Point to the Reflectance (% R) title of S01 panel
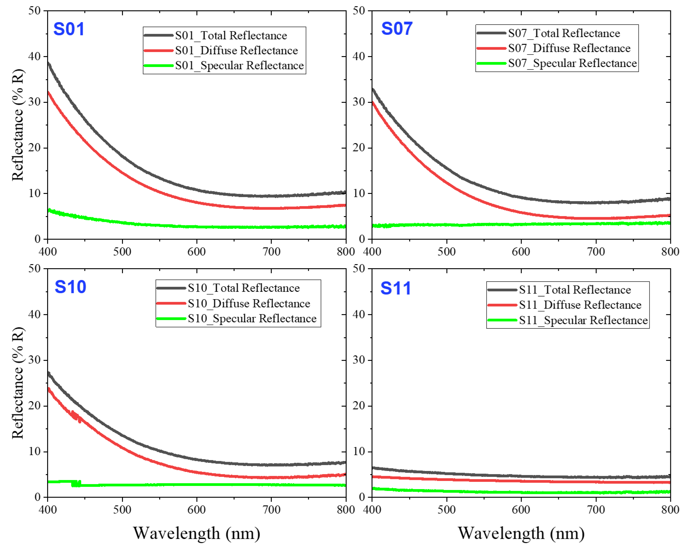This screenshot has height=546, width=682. pyautogui.click(x=18, y=125)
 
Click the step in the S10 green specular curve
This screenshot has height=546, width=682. pyautogui.click(x=76, y=483)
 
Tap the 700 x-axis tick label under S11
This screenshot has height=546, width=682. pyautogui.click(x=596, y=510)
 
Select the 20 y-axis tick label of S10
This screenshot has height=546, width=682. pyautogui.click(x=34, y=406)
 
